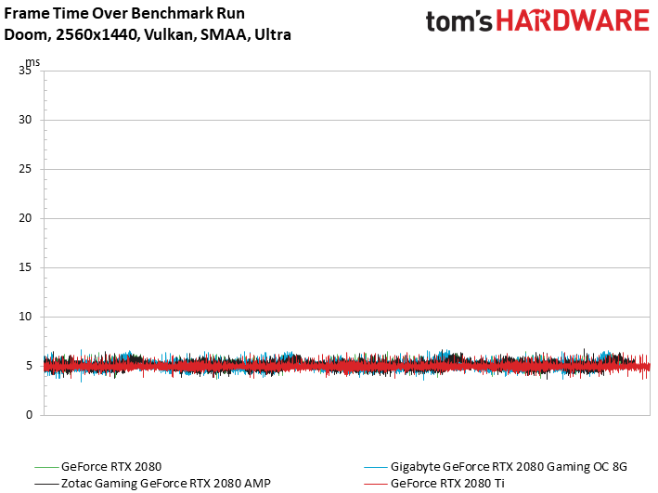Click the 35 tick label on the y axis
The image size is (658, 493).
coord(25,71)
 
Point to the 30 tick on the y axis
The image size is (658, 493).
coord(25,120)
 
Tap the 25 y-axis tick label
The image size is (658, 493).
coord(25,169)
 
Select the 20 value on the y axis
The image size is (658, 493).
coord(25,218)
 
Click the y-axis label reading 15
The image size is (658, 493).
coord(25,267)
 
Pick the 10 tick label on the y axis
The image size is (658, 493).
coord(25,317)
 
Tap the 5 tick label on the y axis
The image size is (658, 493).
coord(29,366)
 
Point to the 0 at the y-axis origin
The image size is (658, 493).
coord(29,415)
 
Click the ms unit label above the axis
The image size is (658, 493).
coord(33,62)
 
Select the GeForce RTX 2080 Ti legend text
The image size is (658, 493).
coord(447,484)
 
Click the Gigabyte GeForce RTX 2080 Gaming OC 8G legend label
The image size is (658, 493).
coord(509,467)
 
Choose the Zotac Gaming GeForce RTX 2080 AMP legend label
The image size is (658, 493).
coord(166,484)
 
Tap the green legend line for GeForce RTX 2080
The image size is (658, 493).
coord(46,467)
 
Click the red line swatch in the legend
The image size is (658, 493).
coord(376,484)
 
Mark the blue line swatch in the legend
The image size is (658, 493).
coord(376,467)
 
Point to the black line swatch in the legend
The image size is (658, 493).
coord(46,484)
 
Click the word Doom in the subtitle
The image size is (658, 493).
coord(28,34)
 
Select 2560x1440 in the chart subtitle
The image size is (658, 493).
coord(97,34)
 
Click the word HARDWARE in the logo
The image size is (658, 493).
coord(573,21)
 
